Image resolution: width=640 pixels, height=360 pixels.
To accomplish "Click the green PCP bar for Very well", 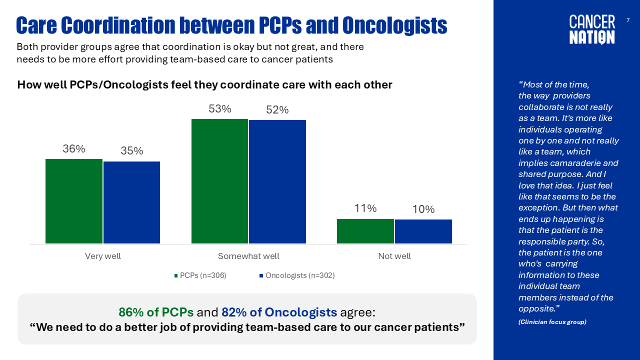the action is coord(74,201).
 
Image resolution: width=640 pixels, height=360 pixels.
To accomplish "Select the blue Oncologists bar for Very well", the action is coord(131,202).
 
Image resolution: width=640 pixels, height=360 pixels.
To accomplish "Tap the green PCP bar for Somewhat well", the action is coord(219,181).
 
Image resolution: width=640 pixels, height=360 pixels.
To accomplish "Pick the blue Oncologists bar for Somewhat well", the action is coord(277,181).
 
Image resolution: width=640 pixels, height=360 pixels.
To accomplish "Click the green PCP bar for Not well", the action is coord(365,231).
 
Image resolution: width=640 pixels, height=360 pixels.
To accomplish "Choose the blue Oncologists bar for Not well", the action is coord(423,231).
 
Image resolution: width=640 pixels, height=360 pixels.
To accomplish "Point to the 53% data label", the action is coord(219,109).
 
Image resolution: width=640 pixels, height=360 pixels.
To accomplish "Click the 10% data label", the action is coord(423,209).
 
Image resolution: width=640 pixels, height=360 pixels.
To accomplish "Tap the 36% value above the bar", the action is coord(74,149).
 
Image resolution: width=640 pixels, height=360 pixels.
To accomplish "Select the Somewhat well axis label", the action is coord(248,256).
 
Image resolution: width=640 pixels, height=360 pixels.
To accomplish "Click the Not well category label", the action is coord(394,256).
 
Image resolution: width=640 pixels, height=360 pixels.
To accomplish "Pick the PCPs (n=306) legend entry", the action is coord(200,275).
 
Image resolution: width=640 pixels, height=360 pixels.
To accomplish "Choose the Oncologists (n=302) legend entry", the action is coord(297,275).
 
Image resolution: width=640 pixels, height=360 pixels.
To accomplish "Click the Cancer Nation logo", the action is coord(592,29).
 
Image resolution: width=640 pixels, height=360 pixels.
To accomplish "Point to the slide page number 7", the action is coord(628,20).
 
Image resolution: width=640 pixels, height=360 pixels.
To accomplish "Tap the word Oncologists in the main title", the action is coord(394,25).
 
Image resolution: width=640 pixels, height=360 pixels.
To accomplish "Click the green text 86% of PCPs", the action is coord(156,312).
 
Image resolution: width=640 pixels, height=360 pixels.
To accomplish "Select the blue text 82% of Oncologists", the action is coord(279,312).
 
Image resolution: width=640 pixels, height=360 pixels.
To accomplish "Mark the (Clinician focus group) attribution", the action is coord(552,322).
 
